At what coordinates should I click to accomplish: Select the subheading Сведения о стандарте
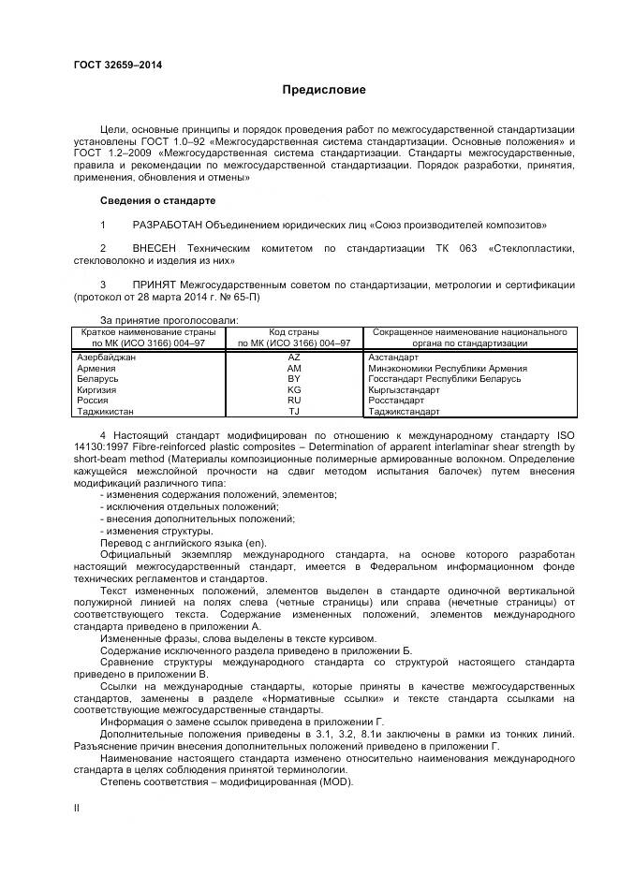click(x=157, y=200)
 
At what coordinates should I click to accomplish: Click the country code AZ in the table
click(x=294, y=358)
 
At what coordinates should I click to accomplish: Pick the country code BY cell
click(x=294, y=379)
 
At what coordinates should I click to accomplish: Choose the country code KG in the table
click(x=294, y=389)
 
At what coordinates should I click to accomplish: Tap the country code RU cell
click(x=294, y=400)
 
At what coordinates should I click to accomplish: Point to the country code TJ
click(x=294, y=411)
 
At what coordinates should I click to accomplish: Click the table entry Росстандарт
click(x=398, y=400)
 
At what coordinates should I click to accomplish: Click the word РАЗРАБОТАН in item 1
click(x=170, y=226)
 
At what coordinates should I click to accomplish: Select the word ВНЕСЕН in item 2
click(x=156, y=248)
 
